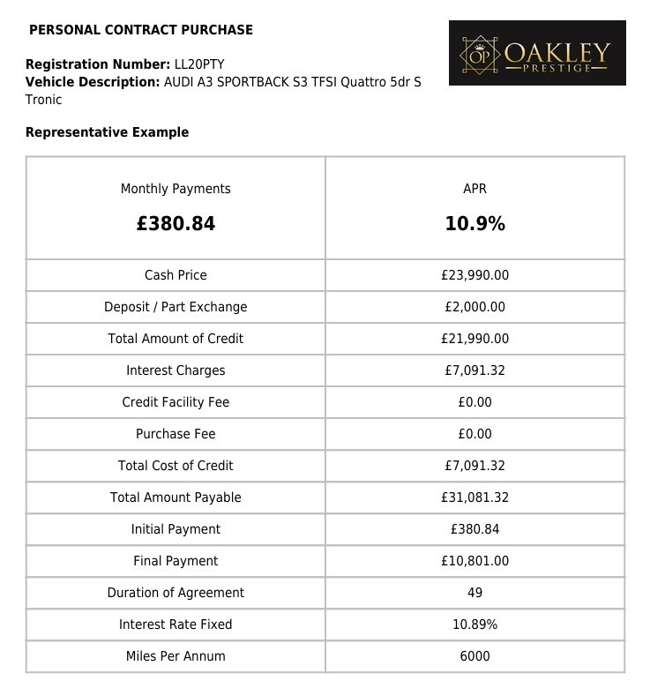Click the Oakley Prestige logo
(x=537, y=53)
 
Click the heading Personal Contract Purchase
(x=141, y=30)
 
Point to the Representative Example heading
(x=107, y=132)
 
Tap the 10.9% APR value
(x=474, y=224)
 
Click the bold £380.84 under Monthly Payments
(x=176, y=224)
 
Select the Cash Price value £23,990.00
(x=474, y=275)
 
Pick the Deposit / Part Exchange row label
(x=176, y=307)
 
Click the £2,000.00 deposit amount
(x=474, y=307)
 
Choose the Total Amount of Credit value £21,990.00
(x=474, y=339)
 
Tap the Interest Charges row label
(x=176, y=370)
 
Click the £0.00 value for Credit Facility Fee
(x=474, y=402)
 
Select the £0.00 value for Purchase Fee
(x=474, y=434)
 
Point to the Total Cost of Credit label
(x=176, y=466)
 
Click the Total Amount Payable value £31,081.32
(x=474, y=497)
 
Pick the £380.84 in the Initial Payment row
(x=474, y=529)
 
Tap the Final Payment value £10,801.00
(x=474, y=561)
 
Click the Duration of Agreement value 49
(x=474, y=593)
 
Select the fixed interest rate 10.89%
(x=474, y=624)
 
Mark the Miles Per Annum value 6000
(x=474, y=656)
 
